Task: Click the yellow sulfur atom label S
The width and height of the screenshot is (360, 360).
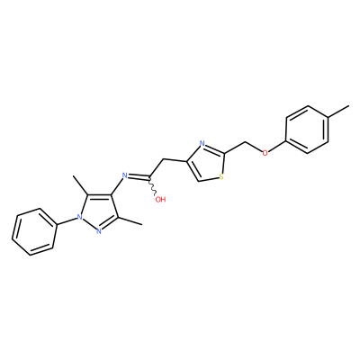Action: pos(221,176)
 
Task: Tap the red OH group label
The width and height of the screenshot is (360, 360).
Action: pos(160,199)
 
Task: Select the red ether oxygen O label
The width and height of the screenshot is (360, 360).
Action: pos(265,153)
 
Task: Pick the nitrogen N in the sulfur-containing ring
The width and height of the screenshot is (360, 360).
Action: pos(202,143)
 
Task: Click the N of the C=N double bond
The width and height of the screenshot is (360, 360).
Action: pos(125,175)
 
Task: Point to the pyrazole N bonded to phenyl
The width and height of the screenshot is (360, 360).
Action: pos(79,217)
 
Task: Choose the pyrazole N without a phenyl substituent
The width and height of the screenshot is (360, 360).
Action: pos(98,230)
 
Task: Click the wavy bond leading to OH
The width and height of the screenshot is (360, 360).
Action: pos(153,186)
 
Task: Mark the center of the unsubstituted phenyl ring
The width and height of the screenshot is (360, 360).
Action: pos(34,232)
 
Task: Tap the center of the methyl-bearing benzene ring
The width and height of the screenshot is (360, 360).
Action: pos(307,130)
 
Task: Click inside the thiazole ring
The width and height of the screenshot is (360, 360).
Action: pos(207,164)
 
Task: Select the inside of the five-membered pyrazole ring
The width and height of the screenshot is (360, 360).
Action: pos(98,212)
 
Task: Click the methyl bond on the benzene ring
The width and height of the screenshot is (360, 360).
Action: pos(338,112)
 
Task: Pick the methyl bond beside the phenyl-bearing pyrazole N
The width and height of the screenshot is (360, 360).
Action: pos(80,185)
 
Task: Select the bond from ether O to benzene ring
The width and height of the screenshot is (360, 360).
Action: pos(277,147)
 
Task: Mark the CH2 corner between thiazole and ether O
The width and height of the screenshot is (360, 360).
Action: pos(246,142)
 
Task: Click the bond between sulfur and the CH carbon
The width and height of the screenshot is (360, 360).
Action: pos(208,179)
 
